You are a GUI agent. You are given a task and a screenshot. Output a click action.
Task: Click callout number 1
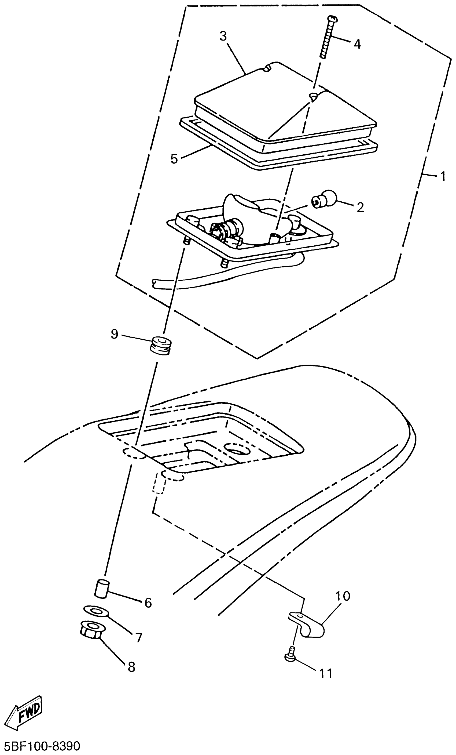click(443, 177)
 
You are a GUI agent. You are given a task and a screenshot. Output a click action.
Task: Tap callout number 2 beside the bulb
click(361, 208)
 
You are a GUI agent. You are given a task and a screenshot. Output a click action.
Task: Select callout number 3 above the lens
click(223, 37)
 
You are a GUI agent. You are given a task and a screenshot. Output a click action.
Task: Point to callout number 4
click(357, 44)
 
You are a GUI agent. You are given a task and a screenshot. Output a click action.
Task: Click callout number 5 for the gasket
click(174, 159)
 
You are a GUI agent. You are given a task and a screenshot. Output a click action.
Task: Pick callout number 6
click(148, 603)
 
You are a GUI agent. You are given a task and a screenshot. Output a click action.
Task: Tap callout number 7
click(139, 638)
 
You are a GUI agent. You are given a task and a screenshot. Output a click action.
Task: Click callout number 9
click(115, 334)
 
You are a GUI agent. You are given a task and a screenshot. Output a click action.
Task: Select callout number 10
click(343, 596)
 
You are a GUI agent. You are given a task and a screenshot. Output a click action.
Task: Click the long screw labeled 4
click(328, 37)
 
